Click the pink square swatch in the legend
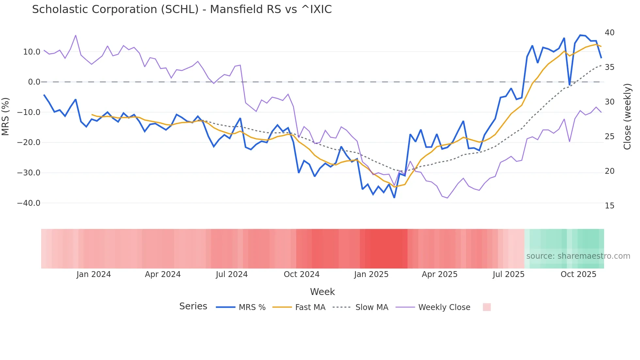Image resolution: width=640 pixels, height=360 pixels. [x=487, y=307]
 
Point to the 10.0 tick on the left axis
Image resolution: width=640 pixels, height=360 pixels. [x=32, y=52]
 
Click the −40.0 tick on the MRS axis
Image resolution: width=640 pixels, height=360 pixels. [x=29, y=203]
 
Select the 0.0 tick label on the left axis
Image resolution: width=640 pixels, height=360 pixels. [x=34, y=82]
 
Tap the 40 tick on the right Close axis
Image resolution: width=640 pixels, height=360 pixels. [x=609, y=33]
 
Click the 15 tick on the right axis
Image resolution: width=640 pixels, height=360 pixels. [x=609, y=206]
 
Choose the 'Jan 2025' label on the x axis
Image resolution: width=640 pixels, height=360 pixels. [x=371, y=274]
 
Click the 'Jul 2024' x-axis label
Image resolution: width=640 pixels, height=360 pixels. [x=232, y=274]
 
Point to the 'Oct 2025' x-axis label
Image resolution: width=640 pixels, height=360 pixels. [x=578, y=274]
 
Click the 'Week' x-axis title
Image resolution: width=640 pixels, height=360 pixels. [x=322, y=292]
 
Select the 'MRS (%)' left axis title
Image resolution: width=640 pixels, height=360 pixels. [x=6, y=117]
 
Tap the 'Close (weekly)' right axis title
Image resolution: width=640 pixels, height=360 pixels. [x=627, y=117]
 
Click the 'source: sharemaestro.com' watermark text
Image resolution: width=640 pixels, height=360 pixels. [x=578, y=256]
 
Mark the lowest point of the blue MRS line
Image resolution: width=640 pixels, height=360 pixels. [x=394, y=198]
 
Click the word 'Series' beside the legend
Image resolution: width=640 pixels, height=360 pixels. [x=193, y=306]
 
